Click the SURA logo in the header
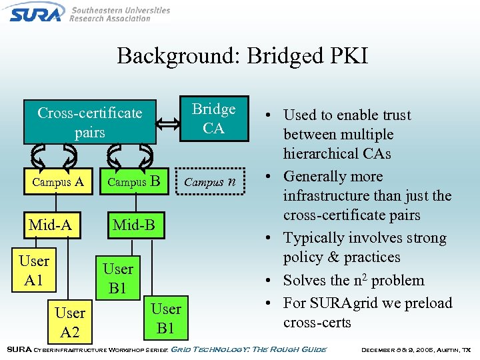point(37,11)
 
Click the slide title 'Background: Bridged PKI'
point(242,55)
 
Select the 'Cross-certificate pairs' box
point(89,122)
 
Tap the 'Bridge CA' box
point(213,119)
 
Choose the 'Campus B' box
point(133,181)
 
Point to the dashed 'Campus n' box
point(209,181)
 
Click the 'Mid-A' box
point(50,225)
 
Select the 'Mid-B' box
point(133,225)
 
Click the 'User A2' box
point(70,322)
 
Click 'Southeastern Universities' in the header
point(121,11)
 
